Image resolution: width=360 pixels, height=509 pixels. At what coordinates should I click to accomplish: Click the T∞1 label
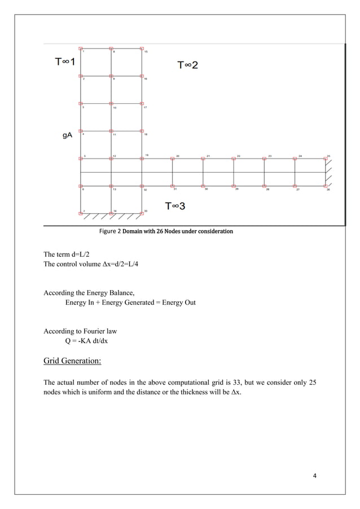tap(64, 62)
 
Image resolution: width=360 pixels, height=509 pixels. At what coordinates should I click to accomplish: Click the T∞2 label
tap(188, 65)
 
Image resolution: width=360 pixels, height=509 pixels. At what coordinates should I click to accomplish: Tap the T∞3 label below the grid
tap(175, 207)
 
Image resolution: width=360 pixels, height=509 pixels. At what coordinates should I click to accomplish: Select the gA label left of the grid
tap(67, 135)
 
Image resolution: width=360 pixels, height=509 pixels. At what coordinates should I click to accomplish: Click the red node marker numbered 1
tap(81, 49)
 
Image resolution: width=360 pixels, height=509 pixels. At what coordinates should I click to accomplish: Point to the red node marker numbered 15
tap(142, 49)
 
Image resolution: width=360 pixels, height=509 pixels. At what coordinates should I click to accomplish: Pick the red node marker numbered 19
tap(142, 159)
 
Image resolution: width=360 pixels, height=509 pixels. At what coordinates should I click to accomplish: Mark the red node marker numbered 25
tap(326, 159)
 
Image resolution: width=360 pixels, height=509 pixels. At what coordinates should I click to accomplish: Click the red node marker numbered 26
tap(326, 186)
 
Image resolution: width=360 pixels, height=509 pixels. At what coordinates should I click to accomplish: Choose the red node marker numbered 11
tap(111, 131)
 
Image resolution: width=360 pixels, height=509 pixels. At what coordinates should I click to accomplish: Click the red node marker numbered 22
tap(234, 159)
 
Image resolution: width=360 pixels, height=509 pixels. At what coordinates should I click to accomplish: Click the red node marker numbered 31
tap(172, 186)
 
